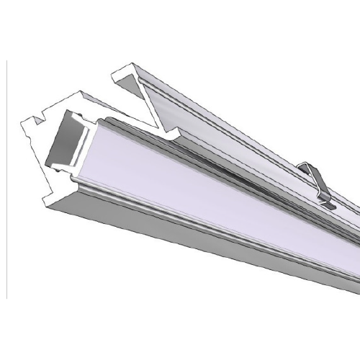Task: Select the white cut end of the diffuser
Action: pos(81,137)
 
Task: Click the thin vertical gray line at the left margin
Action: pos(6,180)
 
